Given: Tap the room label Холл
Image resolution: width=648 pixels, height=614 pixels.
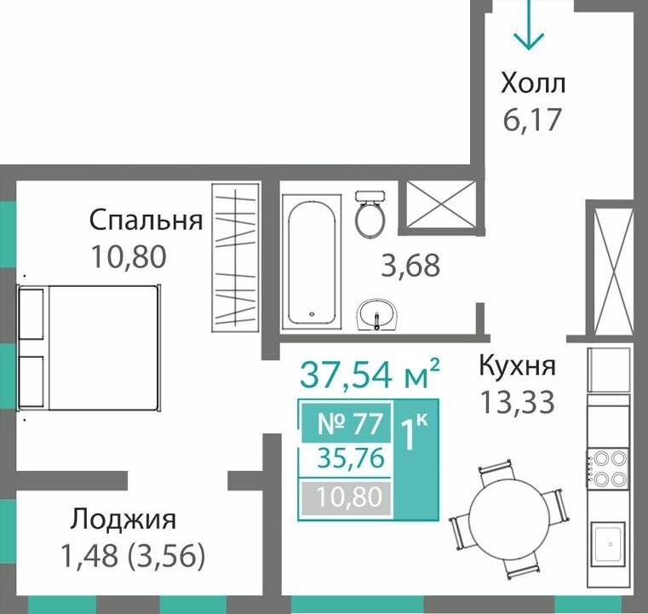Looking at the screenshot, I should [533, 83].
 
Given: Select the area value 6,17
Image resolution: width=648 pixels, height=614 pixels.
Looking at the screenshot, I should [531, 119].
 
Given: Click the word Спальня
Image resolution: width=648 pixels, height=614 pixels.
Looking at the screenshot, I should [146, 221].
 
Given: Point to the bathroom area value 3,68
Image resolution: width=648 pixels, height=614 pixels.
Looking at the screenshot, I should [410, 266].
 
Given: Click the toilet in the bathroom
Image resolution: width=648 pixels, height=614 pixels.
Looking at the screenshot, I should [370, 214].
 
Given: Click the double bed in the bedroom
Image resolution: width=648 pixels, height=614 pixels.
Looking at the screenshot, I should [89, 347].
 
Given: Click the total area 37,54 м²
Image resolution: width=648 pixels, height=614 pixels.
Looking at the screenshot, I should [370, 373].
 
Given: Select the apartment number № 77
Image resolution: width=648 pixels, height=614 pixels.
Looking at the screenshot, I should [345, 422].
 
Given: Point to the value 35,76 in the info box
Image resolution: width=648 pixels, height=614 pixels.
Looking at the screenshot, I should [345, 459].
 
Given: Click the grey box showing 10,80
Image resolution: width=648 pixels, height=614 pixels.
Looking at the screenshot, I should [345, 496].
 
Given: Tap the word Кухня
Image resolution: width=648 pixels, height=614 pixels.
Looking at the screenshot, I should [517, 367].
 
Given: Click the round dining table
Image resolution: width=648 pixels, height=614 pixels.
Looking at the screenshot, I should [508, 514].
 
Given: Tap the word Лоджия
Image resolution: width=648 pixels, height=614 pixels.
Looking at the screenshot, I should [123, 519].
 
